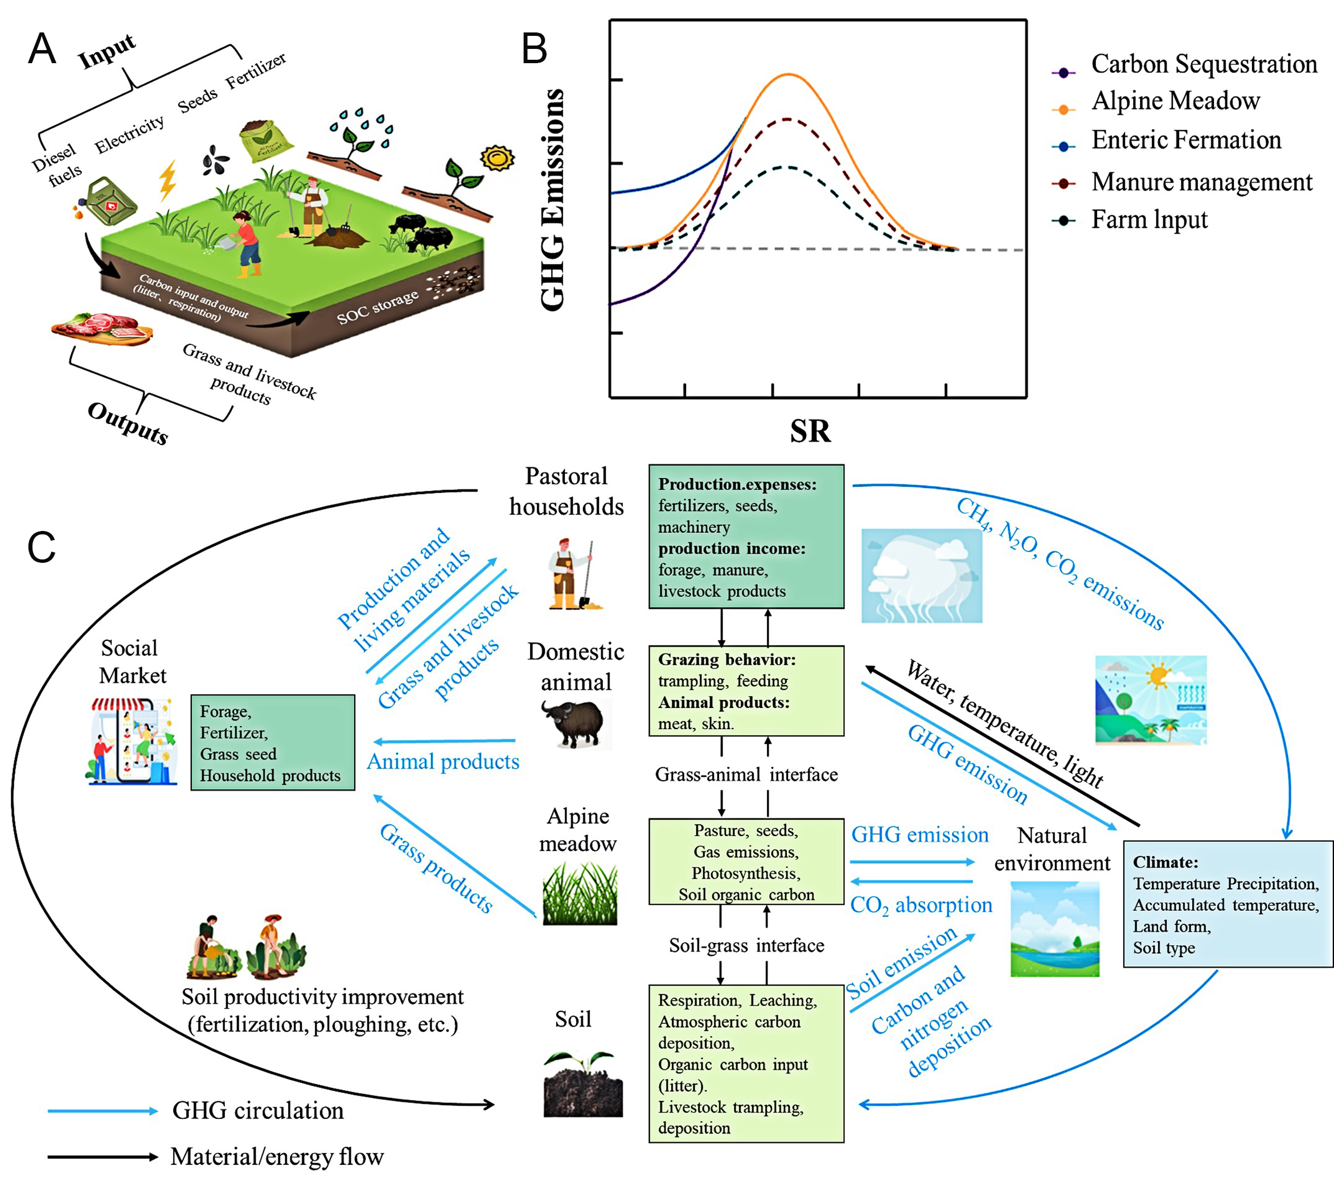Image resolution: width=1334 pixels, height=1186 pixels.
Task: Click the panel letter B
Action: tap(534, 49)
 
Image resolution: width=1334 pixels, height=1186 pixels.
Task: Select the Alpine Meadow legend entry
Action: tap(1175, 101)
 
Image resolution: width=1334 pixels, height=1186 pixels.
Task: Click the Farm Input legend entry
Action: tap(1148, 220)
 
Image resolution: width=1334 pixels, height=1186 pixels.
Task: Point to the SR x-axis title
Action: tap(810, 431)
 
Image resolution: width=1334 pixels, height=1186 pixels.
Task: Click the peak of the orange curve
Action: tap(789, 75)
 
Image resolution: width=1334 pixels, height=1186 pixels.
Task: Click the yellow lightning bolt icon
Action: tap(168, 179)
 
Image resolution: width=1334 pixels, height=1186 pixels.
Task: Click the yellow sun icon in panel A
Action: tap(497, 158)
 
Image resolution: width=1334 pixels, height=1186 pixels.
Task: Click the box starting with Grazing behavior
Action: tap(746, 691)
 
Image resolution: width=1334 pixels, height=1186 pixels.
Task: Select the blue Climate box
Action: tap(1227, 904)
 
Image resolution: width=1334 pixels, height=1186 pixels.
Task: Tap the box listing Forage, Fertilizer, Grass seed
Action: tap(272, 743)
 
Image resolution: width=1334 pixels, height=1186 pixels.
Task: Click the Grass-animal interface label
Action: tap(746, 775)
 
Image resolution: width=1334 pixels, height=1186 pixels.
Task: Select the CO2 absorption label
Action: tap(920, 905)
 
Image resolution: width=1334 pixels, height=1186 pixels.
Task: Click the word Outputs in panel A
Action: tap(128, 423)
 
